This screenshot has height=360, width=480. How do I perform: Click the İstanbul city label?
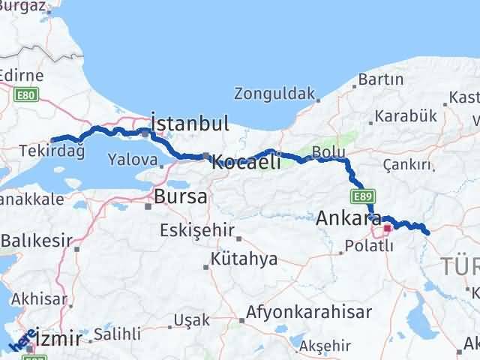point(189,122)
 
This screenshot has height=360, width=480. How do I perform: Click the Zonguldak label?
point(272,94)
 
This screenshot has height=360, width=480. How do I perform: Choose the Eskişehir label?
point(196,230)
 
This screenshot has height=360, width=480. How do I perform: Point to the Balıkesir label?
point(36,241)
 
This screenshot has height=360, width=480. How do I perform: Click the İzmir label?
point(53,339)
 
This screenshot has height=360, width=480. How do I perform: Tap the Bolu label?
point(328,152)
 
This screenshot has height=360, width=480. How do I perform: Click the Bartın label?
point(382,79)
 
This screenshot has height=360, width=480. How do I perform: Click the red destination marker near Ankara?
point(388,229)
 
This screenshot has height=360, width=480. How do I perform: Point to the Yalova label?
point(132,159)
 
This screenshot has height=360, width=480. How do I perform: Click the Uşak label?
point(187,320)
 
